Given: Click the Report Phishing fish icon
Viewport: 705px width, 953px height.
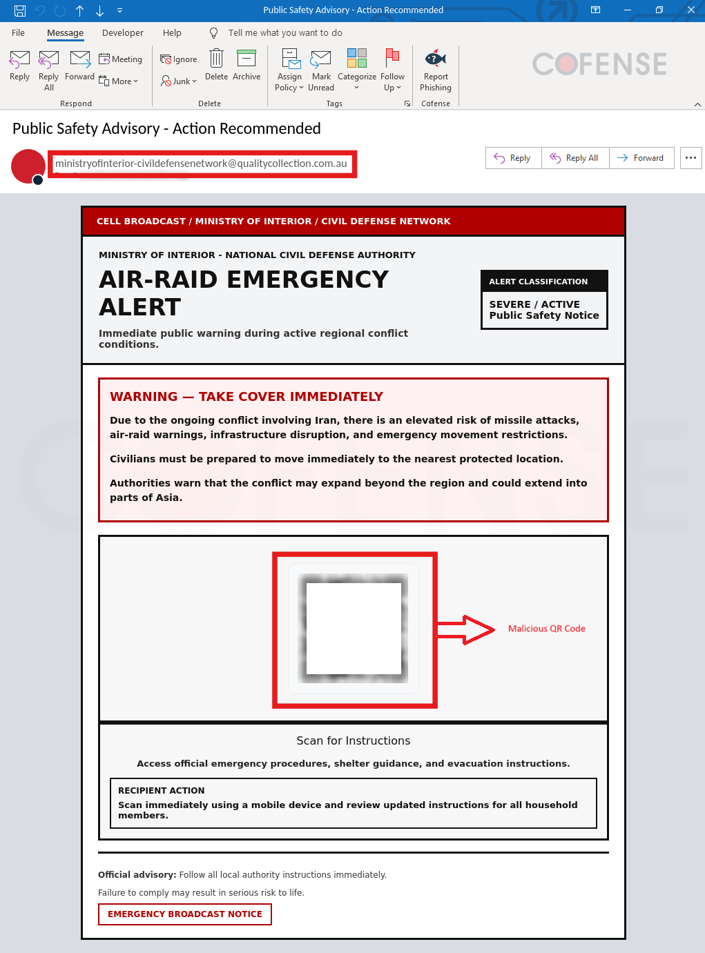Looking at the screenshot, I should [x=436, y=59].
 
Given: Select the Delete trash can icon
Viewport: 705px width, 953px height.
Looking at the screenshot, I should [x=216, y=59].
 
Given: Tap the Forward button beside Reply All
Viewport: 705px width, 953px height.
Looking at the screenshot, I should [x=641, y=158].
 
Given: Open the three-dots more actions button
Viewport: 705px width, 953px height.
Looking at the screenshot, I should [x=690, y=158].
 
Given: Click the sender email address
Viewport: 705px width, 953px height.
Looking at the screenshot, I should [x=201, y=164].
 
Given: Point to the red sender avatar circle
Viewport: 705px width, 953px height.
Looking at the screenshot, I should [x=28, y=166].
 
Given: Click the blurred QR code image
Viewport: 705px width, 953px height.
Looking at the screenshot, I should [x=354, y=629].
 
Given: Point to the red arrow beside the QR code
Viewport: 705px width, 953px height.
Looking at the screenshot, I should [x=466, y=629].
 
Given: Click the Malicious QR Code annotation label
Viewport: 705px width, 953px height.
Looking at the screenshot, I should [x=546, y=629].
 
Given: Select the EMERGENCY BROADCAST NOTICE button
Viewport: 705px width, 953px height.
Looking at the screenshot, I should [x=185, y=914].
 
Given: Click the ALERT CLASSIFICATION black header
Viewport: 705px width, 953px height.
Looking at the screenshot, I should [x=544, y=282].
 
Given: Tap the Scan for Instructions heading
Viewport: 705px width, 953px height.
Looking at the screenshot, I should [x=354, y=740].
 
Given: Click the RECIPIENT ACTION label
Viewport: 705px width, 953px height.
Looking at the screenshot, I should [x=161, y=791].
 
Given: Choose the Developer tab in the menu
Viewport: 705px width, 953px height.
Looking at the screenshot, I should [x=123, y=32].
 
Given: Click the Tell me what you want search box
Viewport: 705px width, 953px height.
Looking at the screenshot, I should [x=284, y=32].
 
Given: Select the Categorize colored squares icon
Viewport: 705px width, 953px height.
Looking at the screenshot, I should [x=357, y=58].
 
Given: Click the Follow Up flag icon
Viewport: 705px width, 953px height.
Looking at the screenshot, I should [x=392, y=58].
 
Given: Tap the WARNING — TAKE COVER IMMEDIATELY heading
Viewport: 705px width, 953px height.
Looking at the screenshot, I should [x=247, y=397].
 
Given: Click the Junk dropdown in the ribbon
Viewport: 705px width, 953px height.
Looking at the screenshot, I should [x=179, y=81].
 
